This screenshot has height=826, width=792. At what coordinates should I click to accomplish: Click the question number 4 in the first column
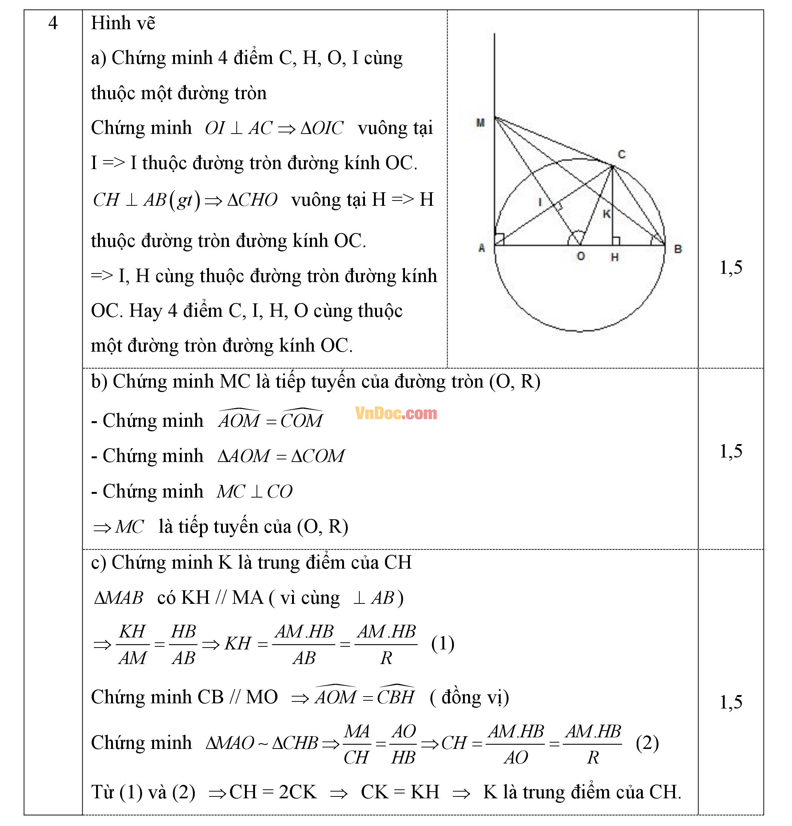[53, 23]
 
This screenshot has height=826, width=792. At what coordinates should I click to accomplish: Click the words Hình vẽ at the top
[123, 23]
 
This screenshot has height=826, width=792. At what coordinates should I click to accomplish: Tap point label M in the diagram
[480, 123]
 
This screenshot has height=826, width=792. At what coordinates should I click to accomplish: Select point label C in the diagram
[621, 154]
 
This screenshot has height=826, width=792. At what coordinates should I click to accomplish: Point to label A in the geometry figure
[482, 248]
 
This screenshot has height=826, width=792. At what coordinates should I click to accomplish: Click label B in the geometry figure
[678, 249]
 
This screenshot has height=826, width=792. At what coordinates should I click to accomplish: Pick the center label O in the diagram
[580, 256]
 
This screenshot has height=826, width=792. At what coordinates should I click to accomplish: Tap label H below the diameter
[615, 257]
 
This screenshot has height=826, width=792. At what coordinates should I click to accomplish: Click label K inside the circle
[606, 214]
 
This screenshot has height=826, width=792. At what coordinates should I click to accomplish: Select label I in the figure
[540, 202]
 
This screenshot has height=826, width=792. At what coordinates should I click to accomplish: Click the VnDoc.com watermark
[396, 413]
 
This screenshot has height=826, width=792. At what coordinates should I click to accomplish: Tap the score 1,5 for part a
[731, 267]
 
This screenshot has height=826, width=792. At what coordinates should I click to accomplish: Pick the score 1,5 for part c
[731, 702]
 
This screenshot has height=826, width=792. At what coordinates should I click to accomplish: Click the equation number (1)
[442, 643]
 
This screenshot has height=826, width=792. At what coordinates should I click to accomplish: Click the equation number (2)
[647, 743]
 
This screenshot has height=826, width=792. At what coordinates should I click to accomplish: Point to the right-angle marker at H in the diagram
[616, 241]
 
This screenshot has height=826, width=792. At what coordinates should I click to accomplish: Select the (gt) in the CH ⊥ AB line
[184, 200]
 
